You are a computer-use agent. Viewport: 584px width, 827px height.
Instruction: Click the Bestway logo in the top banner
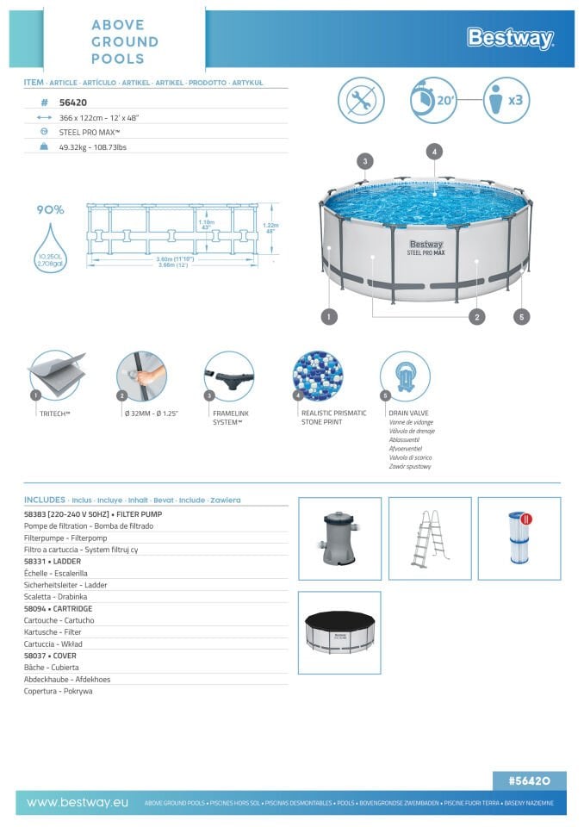509,38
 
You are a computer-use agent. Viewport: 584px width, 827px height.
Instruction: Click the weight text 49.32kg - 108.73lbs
93,147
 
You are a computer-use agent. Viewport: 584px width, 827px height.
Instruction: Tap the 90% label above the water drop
50,209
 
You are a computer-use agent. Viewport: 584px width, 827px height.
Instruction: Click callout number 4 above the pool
434,151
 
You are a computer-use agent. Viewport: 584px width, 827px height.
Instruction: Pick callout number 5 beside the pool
521,317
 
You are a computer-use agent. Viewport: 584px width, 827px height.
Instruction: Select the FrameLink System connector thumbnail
229,376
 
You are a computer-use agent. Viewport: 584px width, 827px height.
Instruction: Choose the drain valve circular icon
405,376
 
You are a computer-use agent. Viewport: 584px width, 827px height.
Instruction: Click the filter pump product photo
339,538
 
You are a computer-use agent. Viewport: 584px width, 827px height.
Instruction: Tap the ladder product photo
429,538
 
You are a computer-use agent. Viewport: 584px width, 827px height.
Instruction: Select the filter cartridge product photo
519,538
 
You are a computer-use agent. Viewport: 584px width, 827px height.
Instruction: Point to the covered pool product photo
339,632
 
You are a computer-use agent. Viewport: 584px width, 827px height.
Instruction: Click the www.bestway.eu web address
78,802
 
